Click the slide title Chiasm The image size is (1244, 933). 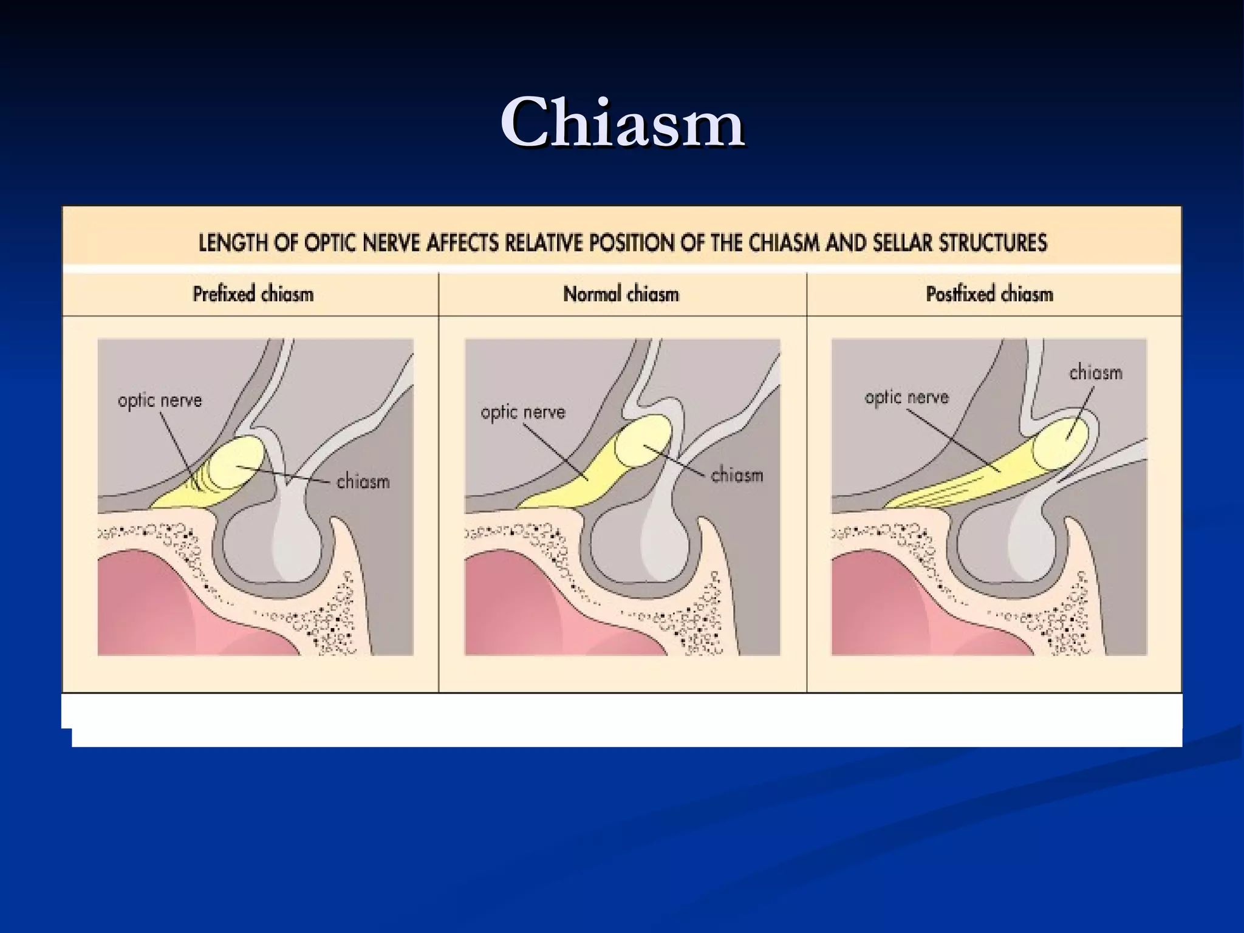point(623,123)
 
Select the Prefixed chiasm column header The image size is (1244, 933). point(253,295)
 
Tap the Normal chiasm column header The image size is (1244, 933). point(621,295)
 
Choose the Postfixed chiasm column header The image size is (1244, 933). point(989,295)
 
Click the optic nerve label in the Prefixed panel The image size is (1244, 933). point(160,401)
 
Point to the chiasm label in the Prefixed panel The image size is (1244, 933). point(363,482)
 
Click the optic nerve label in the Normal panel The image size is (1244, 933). point(523,413)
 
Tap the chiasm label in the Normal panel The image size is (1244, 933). point(736,474)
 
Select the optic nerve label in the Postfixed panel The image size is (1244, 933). point(906,398)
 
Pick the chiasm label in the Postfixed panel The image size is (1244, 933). point(1095,372)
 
